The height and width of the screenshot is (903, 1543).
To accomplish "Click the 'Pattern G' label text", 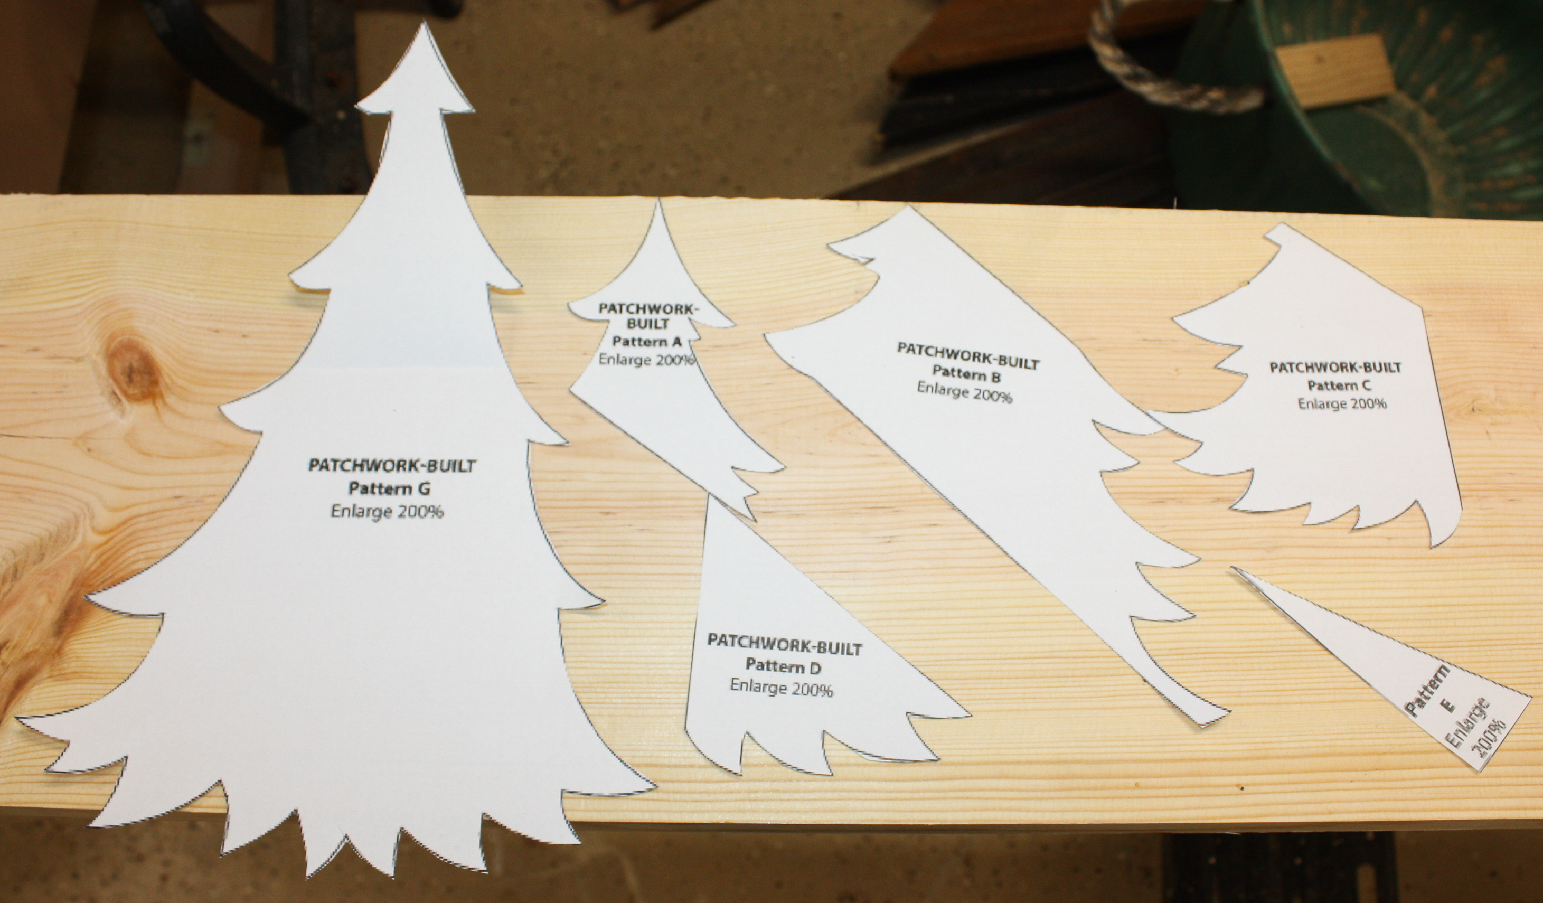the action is [390, 488].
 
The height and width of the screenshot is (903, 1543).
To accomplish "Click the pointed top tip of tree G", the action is [422, 23].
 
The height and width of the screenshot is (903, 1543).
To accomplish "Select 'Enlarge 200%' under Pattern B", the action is [964, 392].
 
